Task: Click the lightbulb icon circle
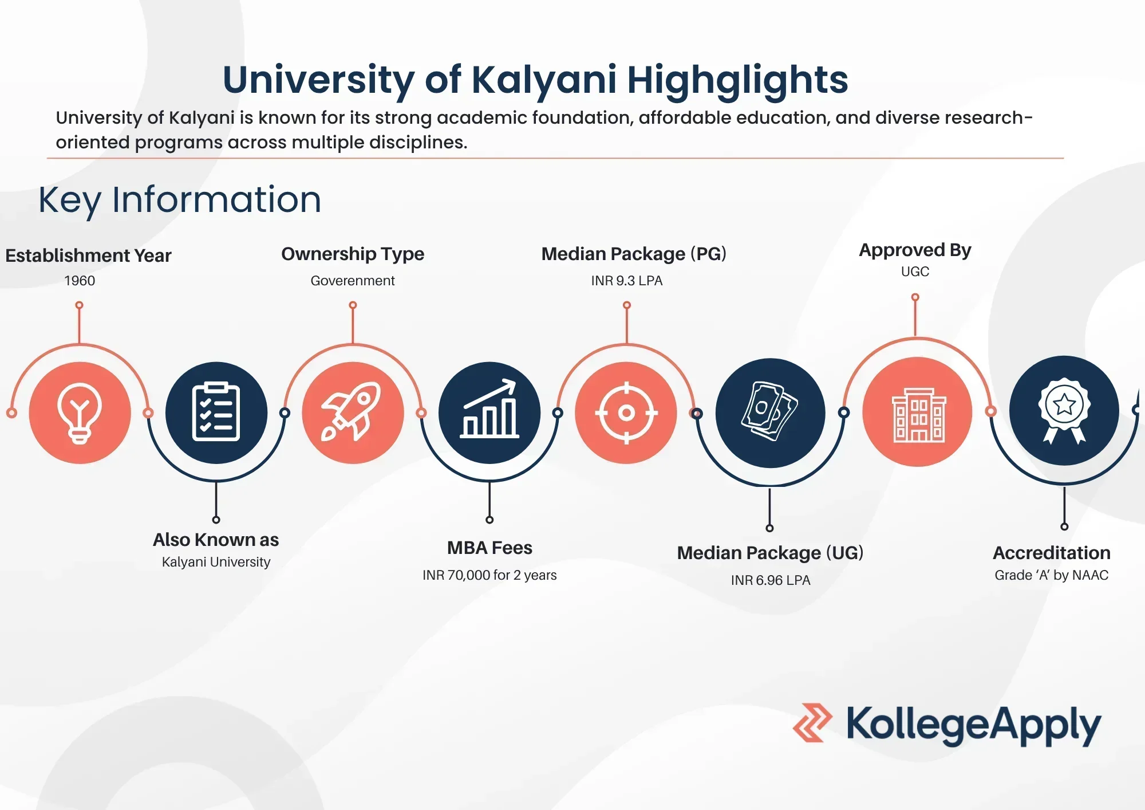pos(80,412)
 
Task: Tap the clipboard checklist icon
pos(216,412)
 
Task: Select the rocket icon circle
pos(353,412)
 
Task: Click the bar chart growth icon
pos(489,412)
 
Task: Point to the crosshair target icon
pos(626,412)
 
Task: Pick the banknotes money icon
pos(770,412)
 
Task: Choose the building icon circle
pos(917,412)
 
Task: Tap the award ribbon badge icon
pos(1064,411)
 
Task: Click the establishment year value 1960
pos(80,281)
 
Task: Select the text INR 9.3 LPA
pos(626,281)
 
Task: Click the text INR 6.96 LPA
pos(770,580)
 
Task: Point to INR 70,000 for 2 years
pos(489,575)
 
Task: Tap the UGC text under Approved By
pos(915,272)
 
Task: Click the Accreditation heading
pos(1051,553)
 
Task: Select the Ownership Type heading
pos(353,254)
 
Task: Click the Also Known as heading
pos(216,540)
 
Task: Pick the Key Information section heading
pos(180,200)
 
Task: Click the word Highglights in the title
pos(737,80)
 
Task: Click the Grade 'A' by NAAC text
pos(1051,575)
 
